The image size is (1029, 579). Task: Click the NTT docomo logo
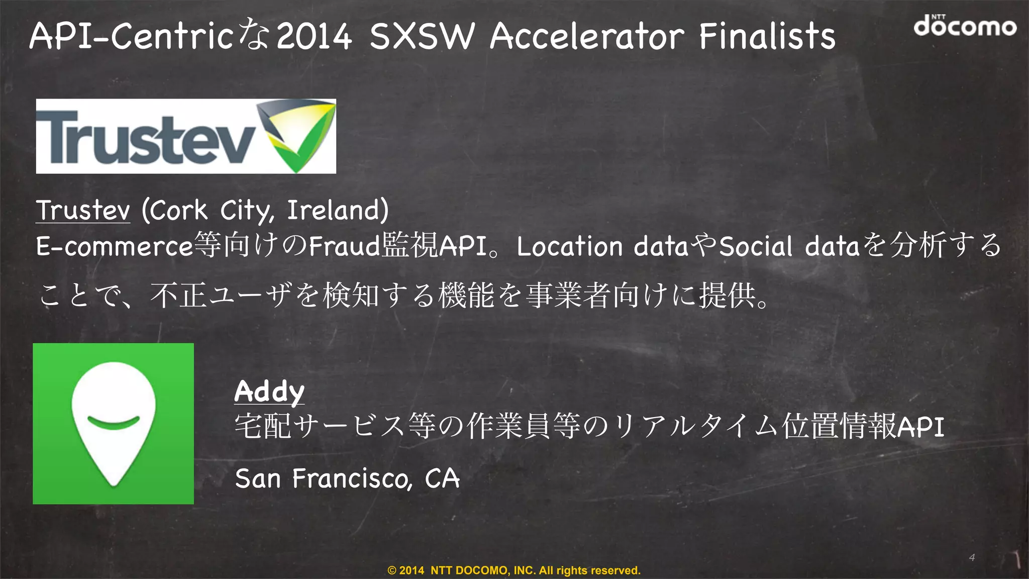[965, 26]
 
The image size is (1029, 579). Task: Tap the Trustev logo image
[185, 136]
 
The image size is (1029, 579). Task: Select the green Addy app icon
[113, 424]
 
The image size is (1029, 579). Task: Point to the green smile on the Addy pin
[113, 423]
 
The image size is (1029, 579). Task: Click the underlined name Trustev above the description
[83, 210]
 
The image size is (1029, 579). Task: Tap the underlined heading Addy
[269, 392]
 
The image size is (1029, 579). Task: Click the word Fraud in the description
[344, 246]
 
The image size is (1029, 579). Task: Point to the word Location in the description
[570, 246]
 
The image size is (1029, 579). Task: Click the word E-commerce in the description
[115, 246]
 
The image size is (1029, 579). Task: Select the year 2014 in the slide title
[314, 36]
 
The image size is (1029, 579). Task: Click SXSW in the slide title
[422, 36]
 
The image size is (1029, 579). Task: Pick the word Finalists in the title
[767, 36]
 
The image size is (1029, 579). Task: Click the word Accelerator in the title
[587, 36]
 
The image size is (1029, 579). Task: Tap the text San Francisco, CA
[347, 478]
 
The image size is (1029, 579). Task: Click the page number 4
[972, 557]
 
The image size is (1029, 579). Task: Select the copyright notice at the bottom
[514, 570]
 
